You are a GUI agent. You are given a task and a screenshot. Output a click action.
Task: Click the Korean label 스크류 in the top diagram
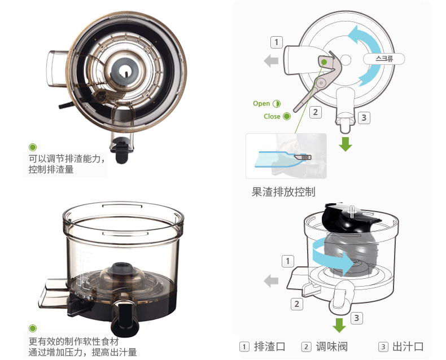tap(384, 59)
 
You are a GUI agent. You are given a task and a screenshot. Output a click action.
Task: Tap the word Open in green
tap(261, 103)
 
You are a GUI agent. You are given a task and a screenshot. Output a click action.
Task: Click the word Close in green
tap(272, 116)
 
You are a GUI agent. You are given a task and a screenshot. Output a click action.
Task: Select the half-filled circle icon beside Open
tap(277, 103)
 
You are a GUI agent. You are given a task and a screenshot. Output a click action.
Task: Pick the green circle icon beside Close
tap(287, 116)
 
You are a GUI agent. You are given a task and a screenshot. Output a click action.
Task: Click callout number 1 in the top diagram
tap(277, 42)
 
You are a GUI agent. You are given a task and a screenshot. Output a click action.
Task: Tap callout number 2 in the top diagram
tap(316, 112)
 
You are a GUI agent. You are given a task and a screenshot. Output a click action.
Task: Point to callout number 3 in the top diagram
tap(364, 118)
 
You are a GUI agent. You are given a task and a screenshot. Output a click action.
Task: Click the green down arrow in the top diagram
tap(346, 144)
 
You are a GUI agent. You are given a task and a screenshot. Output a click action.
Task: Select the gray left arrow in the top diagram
tap(271, 60)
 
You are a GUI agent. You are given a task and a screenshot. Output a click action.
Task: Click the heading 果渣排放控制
tap(283, 192)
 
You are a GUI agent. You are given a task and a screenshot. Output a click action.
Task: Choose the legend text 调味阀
tap(331, 346)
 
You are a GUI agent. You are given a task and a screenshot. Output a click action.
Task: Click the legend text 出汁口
tap(408, 346)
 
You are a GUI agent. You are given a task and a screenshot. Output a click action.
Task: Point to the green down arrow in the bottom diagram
tap(339, 325)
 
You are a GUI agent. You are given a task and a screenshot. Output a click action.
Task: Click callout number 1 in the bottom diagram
tap(288, 261)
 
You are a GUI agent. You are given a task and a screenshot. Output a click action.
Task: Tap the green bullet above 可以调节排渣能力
tap(33, 147)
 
